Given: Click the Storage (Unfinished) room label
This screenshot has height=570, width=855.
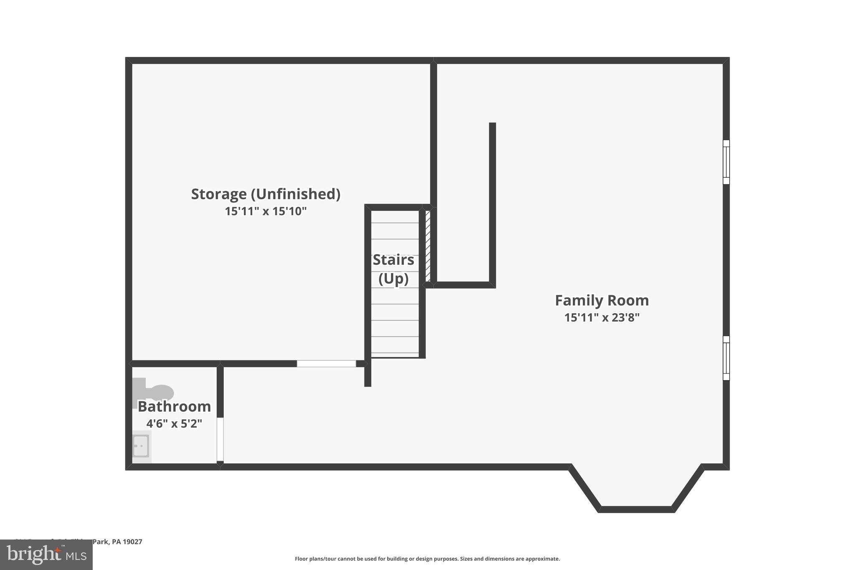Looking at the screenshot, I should pos(266,194).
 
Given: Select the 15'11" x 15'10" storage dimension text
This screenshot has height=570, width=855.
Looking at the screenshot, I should pos(266,211).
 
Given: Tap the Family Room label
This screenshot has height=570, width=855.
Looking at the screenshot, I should pos(602,301).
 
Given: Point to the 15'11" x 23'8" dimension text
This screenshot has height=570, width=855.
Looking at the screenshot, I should pos(602,318).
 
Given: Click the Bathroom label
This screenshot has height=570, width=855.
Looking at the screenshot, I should pos(174,406).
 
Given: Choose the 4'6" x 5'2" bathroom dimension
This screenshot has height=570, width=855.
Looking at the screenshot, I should pos(174,424).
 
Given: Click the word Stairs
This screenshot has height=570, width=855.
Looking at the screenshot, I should pos(393,260).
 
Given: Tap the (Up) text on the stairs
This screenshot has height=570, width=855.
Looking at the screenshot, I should pos(393,279).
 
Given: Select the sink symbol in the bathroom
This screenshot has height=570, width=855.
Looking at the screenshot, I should pos(141,446).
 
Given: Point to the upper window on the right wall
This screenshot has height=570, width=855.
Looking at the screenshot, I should pos(726,162).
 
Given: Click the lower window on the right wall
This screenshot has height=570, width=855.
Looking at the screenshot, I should pos(726,358).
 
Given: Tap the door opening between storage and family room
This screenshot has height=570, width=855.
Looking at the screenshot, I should pos(326,364).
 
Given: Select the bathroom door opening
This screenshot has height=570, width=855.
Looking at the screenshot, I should pos(220,439).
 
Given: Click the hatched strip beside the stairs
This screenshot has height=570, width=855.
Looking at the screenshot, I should pos(428,246).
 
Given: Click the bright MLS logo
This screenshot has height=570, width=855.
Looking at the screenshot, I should pos(46,555).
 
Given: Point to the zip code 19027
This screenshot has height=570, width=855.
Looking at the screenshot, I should pos(132,542).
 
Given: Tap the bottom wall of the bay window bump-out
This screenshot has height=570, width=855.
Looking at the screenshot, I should pos(636,509).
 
